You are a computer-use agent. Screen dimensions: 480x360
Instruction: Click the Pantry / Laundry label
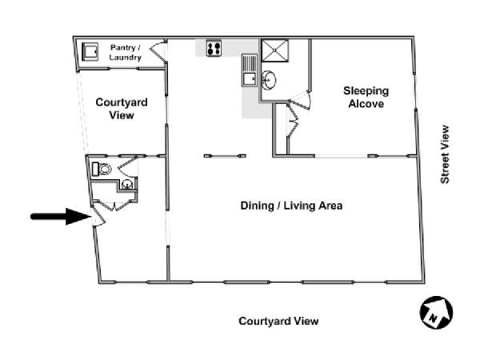(126, 52)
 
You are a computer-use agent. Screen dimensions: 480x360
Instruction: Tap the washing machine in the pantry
(90, 52)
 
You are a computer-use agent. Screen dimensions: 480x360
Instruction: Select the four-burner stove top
(214, 48)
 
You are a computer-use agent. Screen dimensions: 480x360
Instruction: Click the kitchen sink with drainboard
(250, 70)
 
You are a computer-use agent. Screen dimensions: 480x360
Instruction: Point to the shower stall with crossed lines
(275, 50)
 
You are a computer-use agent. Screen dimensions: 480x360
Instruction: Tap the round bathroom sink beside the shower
(269, 80)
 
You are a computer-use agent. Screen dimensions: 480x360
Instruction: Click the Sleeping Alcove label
(366, 97)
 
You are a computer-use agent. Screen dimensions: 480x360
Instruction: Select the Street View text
(445, 154)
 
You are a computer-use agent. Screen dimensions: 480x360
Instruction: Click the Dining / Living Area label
(291, 206)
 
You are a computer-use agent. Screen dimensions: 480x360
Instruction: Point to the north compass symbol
(436, 312)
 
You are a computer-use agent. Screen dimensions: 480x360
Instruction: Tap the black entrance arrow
(61, 217)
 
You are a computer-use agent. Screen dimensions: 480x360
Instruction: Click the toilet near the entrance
(102, 169)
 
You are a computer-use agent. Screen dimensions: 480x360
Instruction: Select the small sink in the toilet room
(127, 184)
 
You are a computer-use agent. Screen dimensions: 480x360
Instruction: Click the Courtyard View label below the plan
(278, 321)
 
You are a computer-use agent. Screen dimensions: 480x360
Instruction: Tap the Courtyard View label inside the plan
(122, 109)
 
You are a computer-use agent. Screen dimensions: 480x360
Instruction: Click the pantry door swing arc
(158, 50)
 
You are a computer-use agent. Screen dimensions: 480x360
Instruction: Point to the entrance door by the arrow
(98, 216)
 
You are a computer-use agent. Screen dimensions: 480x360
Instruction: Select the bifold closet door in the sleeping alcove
(293, 121)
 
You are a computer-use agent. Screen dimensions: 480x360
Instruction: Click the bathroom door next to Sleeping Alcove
(302, 100)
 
